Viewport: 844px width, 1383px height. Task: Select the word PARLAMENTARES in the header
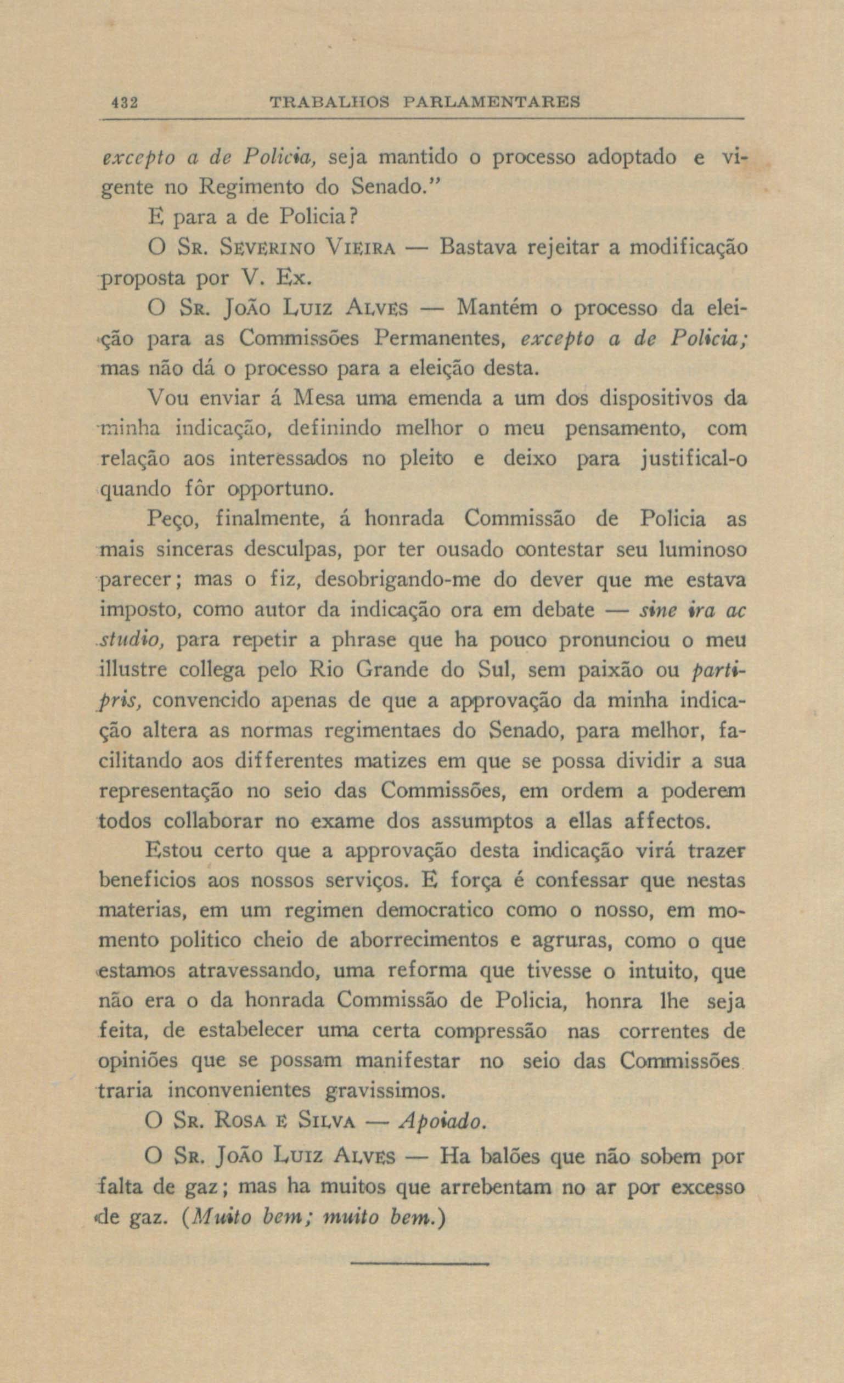492,103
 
